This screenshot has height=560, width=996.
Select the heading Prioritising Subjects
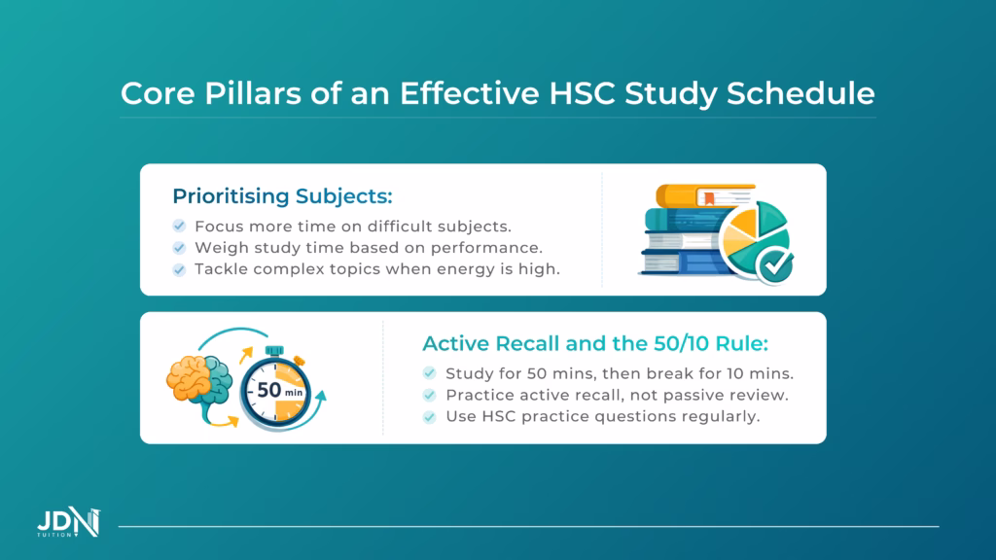click(282, 195)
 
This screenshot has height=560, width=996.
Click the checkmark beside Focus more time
click(179, 226)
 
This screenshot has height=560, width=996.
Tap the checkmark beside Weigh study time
click(179, 248)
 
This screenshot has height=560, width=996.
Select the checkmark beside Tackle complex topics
click(179, 269)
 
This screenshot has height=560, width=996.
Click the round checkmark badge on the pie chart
click(776, 261)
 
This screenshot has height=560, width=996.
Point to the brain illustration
click(199, 381)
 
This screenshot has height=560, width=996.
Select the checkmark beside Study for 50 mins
click(429, 373)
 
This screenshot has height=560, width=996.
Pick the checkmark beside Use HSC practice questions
click(429, 416)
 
